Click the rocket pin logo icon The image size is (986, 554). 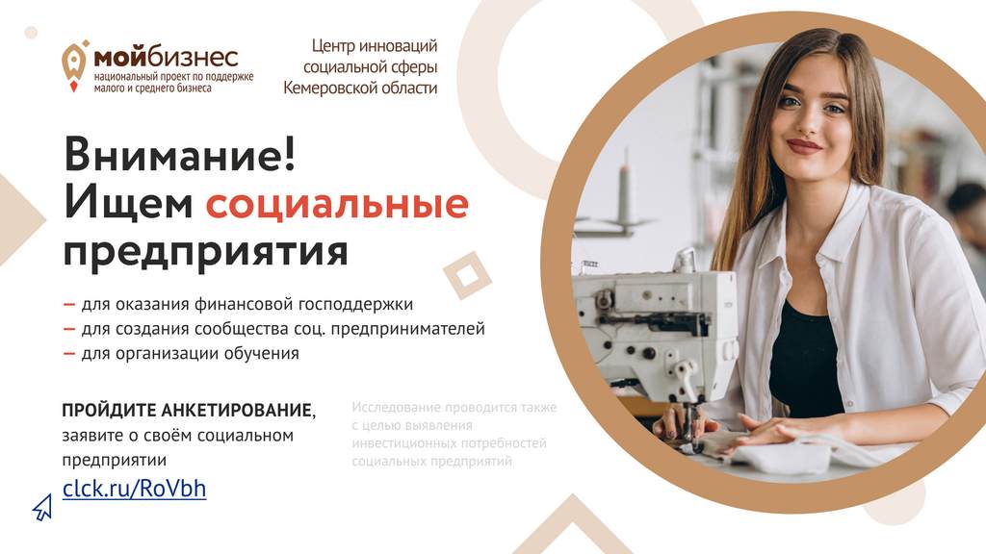click(74, 65)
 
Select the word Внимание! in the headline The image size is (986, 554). click(179, 154)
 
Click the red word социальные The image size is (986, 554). click(337, 204)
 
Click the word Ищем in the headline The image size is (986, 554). click(128, 204)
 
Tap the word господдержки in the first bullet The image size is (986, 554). click(355, 305)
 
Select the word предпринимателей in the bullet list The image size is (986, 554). click(407, 329)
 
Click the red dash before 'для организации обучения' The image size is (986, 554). click(69, 354)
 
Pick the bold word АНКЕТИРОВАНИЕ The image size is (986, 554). click(237, 410)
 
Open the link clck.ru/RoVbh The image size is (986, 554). click(134, 488)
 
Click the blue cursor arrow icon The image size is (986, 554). click(42, 507)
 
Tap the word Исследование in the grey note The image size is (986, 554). click(397, 407)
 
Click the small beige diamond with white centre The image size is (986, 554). click(467, 275)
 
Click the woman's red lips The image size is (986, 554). click(804, 146)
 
